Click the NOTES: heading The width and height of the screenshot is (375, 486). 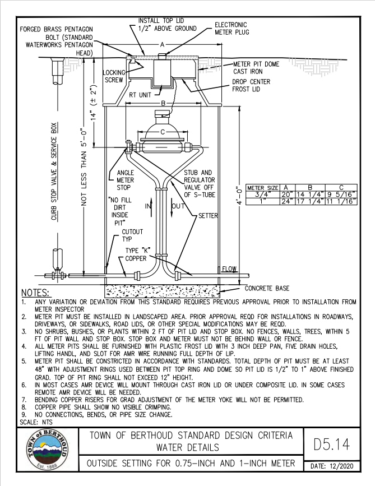[35, 293]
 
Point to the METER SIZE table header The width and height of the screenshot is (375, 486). [263, 188]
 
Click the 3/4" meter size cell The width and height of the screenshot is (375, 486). [263, 195]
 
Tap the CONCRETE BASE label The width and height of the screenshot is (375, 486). [267, 288]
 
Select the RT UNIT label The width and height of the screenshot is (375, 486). [141, 95]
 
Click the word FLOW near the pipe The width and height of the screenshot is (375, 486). [229, 269]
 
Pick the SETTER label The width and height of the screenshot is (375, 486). [209, 215]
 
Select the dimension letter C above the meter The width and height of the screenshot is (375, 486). [163, 132]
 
